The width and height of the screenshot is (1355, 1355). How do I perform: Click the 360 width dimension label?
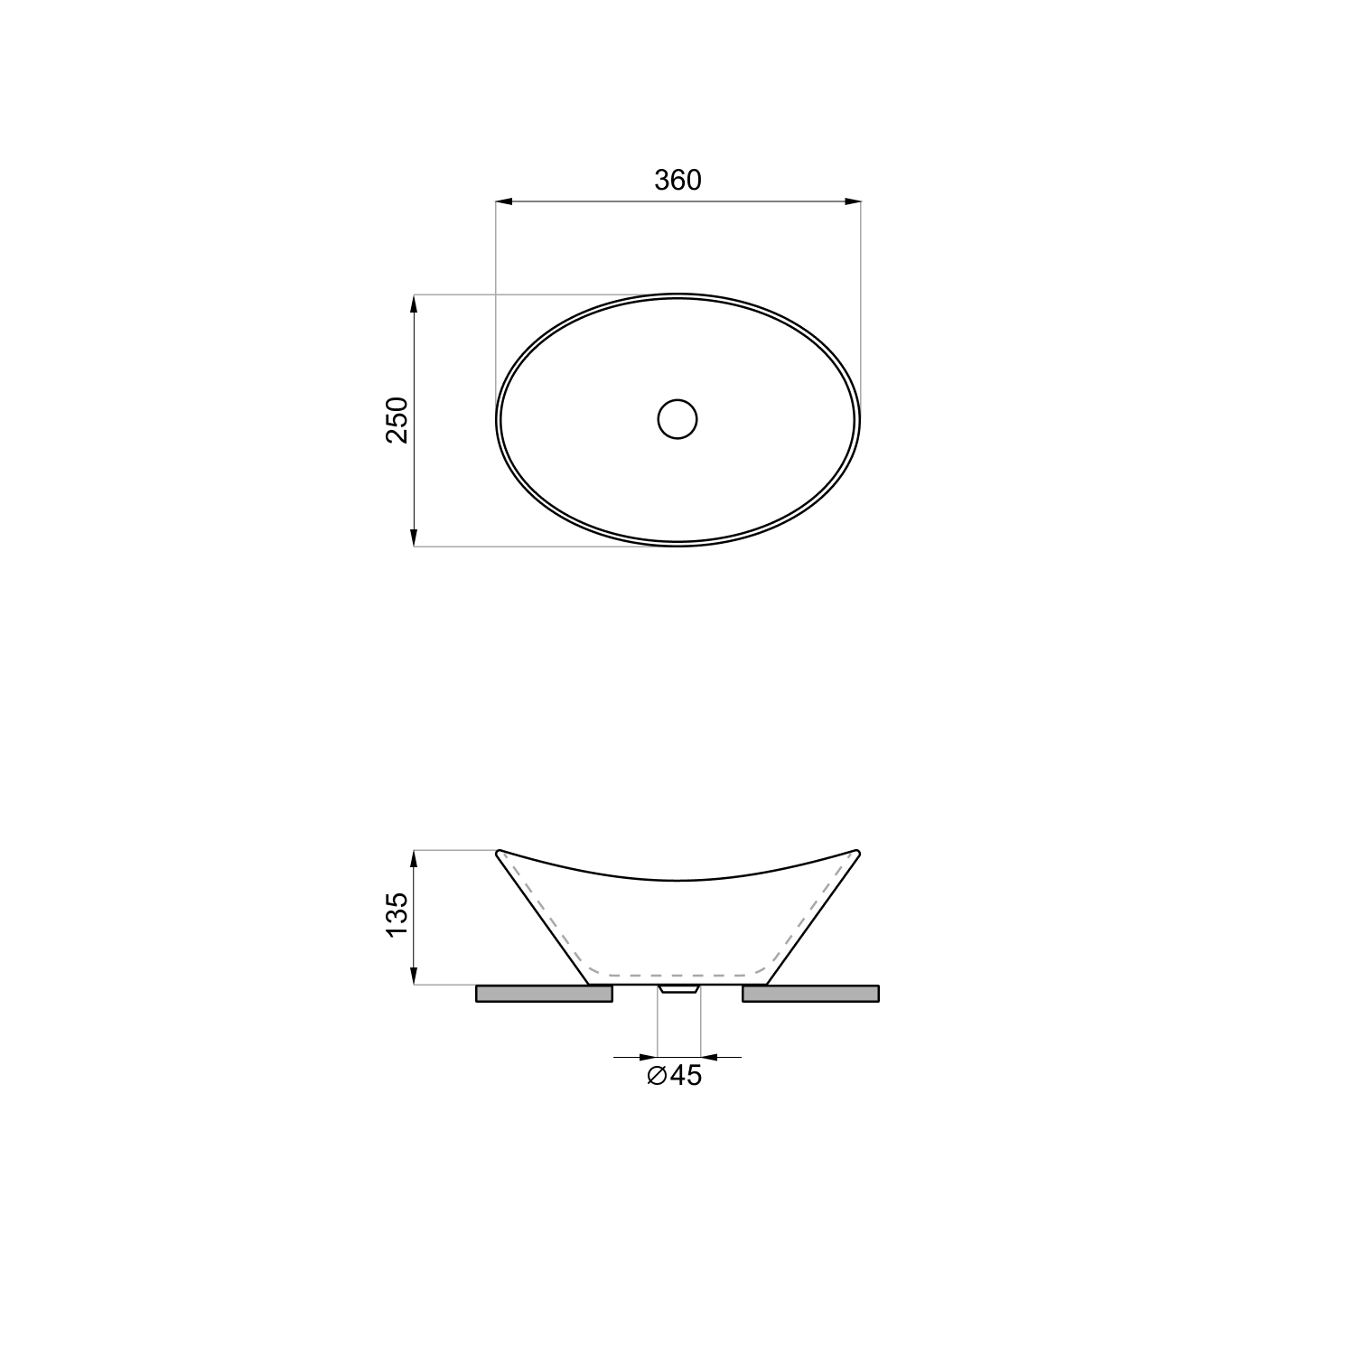point(677,181)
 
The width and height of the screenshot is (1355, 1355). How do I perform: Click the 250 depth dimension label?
point(398,420)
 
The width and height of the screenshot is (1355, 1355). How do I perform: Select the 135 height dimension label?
point(398,915)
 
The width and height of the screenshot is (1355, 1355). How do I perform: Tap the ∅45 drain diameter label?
point(675,1076)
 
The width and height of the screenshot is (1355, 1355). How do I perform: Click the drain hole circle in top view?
point(677,419)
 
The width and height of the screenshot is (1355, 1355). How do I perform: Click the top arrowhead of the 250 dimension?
point(414,304)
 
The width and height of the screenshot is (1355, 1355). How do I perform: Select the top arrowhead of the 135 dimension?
point(414,860)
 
